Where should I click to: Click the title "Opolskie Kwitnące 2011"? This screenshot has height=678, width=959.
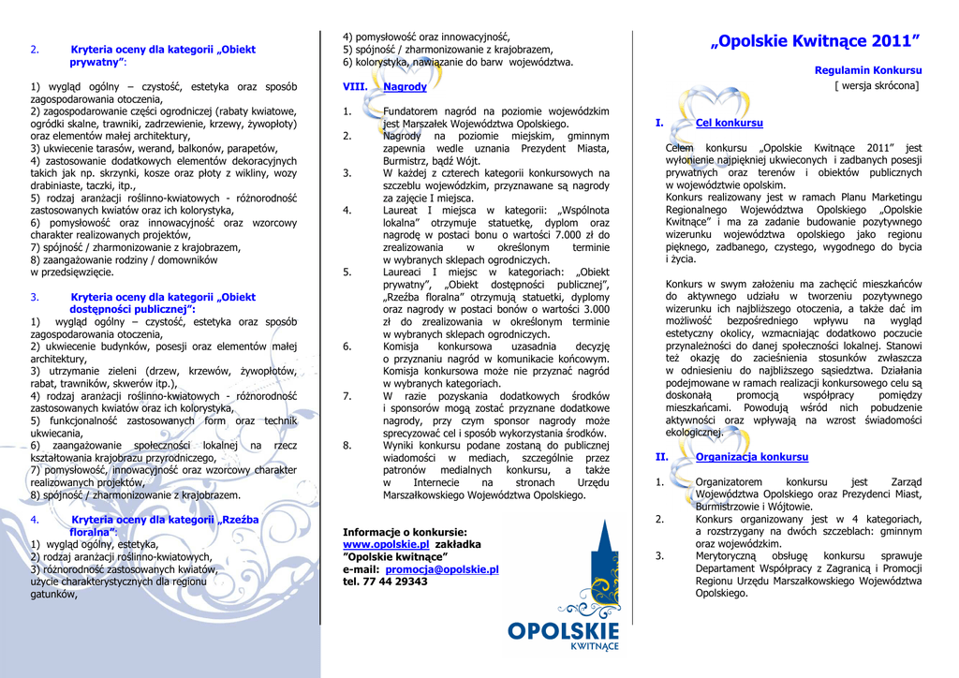tap(815, 41)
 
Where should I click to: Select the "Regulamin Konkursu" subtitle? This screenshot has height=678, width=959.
tap(868, 70)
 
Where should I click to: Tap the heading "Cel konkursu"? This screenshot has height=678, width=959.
tap(729, 123)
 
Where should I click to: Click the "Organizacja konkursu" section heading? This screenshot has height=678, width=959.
tap(751, 457)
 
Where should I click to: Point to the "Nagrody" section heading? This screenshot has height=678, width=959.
tap(405, 87)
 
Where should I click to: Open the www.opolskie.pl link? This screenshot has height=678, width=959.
tap(386, 543)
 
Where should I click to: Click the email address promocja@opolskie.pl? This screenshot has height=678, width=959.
tap(441, 568)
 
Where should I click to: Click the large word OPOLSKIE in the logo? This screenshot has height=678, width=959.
tap(563, 631)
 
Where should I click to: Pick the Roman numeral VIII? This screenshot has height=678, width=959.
tap(355, 87)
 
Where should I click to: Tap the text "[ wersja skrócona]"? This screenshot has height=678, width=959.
tap(877, 85)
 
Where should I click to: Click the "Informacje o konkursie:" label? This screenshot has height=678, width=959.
tap(405, 531)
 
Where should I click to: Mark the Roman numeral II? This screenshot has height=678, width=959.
tap(661, 457)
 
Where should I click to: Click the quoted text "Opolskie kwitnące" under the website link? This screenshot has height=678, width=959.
tap(388, 556)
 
